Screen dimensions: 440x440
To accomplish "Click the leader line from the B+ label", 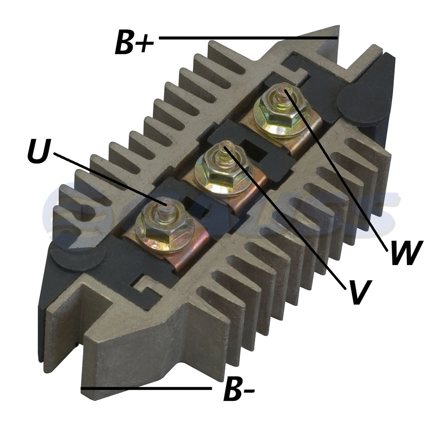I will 246,38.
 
